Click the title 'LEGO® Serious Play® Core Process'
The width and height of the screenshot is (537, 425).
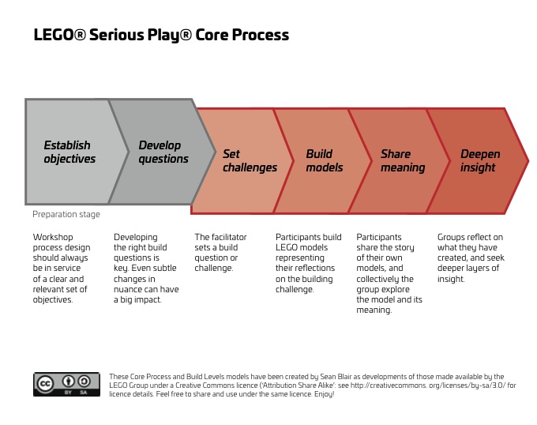(161, 36)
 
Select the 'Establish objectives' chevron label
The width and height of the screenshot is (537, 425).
(69, 152)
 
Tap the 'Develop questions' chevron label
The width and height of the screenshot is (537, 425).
(163, 152)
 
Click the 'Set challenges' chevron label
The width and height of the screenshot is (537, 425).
(250, 160)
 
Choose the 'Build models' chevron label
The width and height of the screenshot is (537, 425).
(325, 160)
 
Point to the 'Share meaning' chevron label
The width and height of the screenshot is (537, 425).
(403, 160)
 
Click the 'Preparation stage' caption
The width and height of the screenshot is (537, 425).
(66, 214)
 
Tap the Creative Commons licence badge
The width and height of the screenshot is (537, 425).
(66, 384)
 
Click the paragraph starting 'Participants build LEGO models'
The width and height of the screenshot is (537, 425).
(309, 262)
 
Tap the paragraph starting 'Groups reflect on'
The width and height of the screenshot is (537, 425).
(471, 258)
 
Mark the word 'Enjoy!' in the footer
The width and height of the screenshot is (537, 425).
(323, 393)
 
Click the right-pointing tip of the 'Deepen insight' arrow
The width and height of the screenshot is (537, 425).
(527, 160)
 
